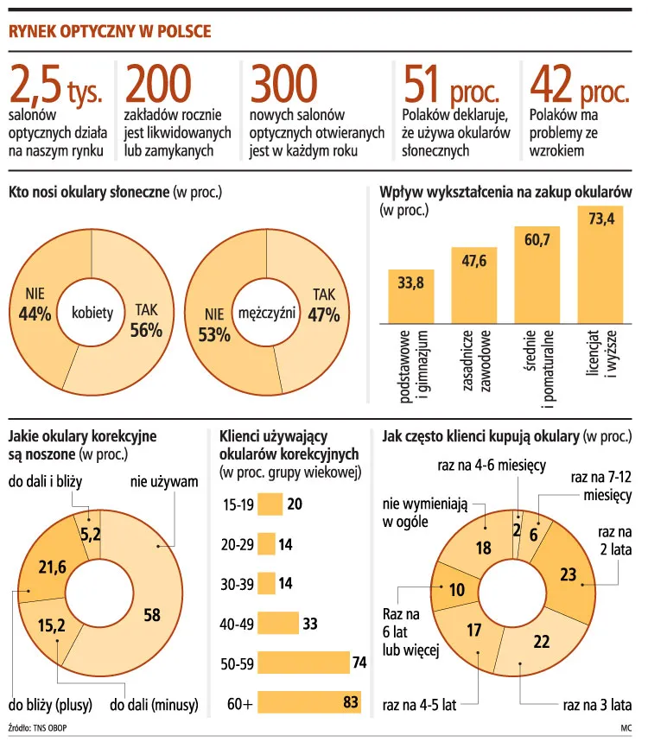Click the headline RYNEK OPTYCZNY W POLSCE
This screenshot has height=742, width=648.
[109, 31]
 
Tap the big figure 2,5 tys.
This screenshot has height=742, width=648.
[55, 86]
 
